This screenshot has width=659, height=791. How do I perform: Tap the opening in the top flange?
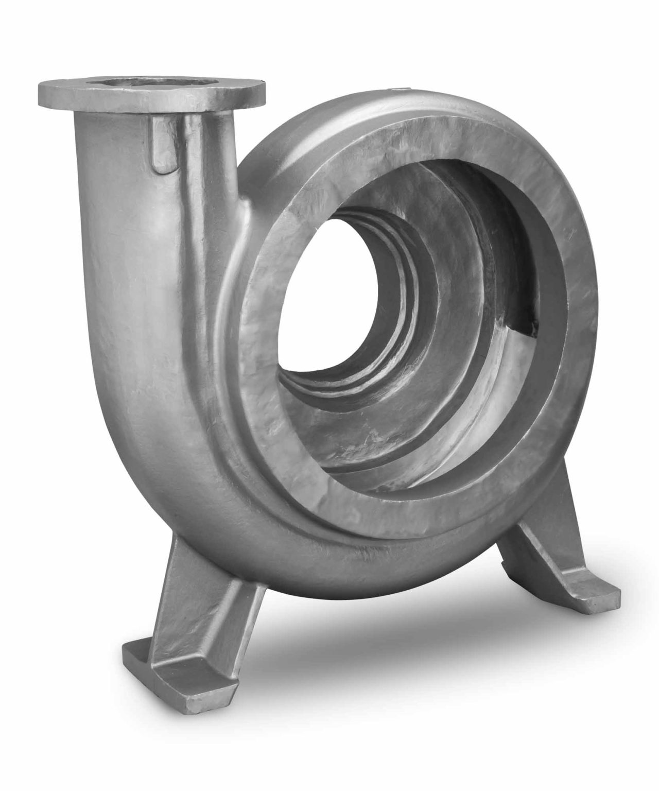click(147, 82)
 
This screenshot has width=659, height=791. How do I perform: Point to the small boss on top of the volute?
click(398, 91)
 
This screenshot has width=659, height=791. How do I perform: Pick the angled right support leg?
click(535, 536)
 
